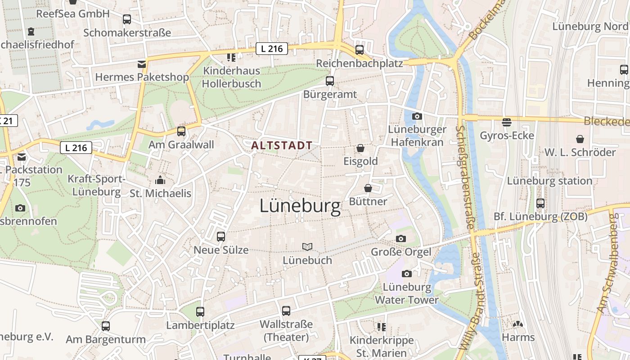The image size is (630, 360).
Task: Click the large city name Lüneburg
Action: click(x=300, y=206)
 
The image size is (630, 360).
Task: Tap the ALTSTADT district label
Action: click(x=282, y=145)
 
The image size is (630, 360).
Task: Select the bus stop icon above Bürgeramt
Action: click(x=330, y=81)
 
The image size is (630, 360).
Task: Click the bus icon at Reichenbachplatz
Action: click(x=359, y=50)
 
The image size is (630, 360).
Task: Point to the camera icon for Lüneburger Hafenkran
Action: click(x=417, y=116)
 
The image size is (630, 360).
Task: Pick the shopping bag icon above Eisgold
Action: click(x=360, y=148)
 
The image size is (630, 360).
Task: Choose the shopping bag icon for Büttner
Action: click(x=368, y=188)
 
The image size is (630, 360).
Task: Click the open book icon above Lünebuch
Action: click(x=307, y=247)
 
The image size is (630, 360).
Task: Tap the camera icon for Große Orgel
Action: click(x=400, y=238)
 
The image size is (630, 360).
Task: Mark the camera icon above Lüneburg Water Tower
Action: click(x=406, y=274)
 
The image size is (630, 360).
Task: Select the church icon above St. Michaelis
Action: click(x=160, y=180)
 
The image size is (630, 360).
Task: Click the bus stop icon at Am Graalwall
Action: click(x=181, y=131)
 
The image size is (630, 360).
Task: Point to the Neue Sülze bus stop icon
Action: click(x=221, y=237)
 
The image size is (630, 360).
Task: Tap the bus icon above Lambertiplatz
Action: click(x=200, y=311)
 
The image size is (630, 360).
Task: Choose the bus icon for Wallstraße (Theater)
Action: click(x=286, y=311)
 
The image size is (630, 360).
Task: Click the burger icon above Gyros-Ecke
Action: click(x=507, y=122)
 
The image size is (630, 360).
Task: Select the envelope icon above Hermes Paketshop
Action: click(x=142, y=64)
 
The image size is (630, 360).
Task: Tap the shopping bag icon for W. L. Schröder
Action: click(x=580, y=139)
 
